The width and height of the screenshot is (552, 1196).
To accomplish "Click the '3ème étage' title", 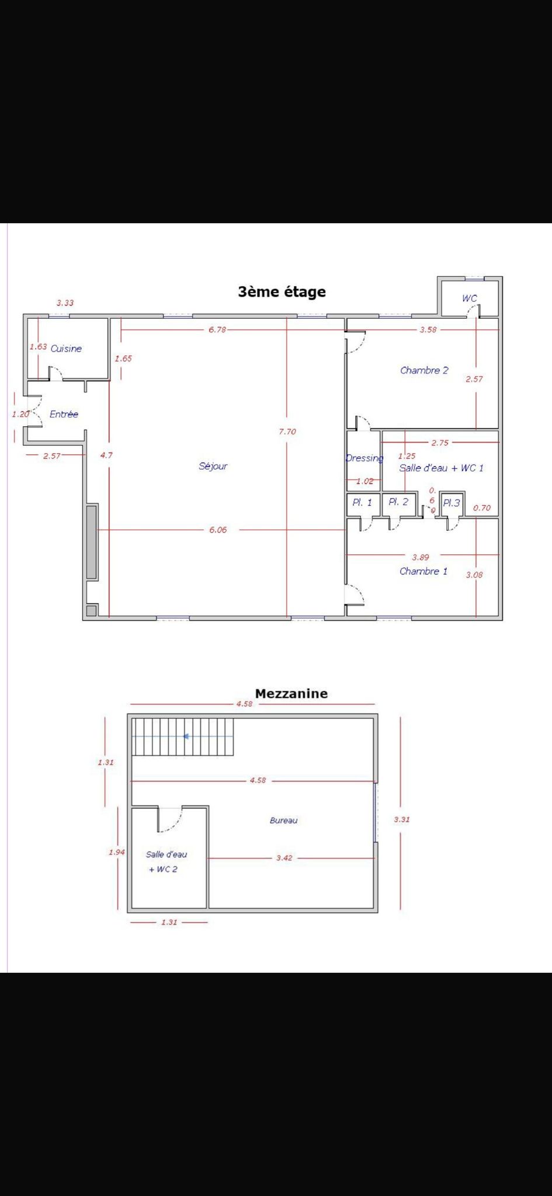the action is point(282,292).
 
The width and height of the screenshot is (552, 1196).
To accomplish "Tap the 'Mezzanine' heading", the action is point(291,694).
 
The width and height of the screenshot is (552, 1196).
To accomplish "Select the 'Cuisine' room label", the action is point(66,349).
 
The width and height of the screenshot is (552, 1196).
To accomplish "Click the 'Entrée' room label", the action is point(64,414).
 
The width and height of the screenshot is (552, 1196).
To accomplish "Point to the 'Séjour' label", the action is point(213,466).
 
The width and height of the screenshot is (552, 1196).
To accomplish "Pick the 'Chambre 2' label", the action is point(424,370).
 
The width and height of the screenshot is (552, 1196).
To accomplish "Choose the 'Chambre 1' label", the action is point(423,571).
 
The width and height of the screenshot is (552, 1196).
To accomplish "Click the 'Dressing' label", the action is point(364,458).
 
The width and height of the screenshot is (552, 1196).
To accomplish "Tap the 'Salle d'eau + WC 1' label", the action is point(442,468).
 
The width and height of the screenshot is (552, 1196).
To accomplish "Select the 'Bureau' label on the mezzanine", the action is point(283,820).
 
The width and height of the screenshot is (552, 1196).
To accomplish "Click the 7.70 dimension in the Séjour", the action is point(287,432).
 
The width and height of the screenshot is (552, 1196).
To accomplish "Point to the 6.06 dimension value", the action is point(218,530).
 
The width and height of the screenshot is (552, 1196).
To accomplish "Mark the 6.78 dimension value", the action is point(217,329).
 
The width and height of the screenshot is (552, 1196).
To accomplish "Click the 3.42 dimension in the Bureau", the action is point(284,858).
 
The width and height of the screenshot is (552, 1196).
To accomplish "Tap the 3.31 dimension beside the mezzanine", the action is point(402,819).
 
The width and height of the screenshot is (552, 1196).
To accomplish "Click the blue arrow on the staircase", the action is point(186,736).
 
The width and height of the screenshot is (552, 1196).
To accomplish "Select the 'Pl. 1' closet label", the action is point(362,502).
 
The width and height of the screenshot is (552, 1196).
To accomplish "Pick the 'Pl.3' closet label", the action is point(452,503).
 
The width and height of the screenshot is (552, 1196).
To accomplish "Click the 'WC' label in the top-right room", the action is point(470,298).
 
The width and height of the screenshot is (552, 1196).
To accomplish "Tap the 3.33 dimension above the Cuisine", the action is point(65,303).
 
